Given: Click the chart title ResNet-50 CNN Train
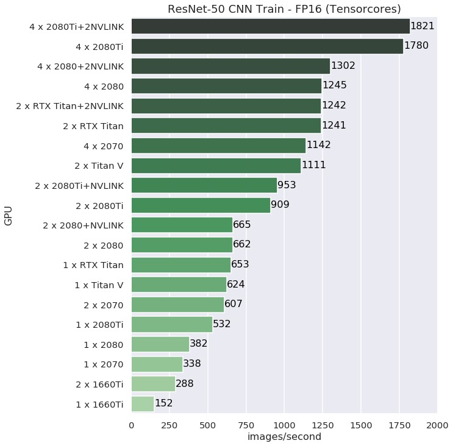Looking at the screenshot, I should pyautogui.click(x=284, y=9).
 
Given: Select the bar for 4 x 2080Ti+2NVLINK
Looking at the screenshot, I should pyautogui.click(x=270, y=26).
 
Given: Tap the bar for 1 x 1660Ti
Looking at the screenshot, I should pyautogui.click(x=143, y=403).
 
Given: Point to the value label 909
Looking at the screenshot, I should pyautogui.click(x=280, y=205).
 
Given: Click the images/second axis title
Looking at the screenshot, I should pyautogui.click(x=284, y=437).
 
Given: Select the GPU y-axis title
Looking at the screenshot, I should pyautogui.click(x=9, y=215).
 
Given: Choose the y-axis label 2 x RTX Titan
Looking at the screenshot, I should pyautogui.click(x=93, y=126).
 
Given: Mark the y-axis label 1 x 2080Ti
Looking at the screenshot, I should pyautogui.click(x=100, y=324).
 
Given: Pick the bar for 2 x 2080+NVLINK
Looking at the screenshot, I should pyautogui.click(x=182, y=225).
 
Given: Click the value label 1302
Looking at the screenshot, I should pyautogui.click(x=343, y=66).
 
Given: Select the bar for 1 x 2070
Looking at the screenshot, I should pyautogui.click(x=157, y=364).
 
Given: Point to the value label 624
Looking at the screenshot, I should pyautogui.click(x=237, y=285).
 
